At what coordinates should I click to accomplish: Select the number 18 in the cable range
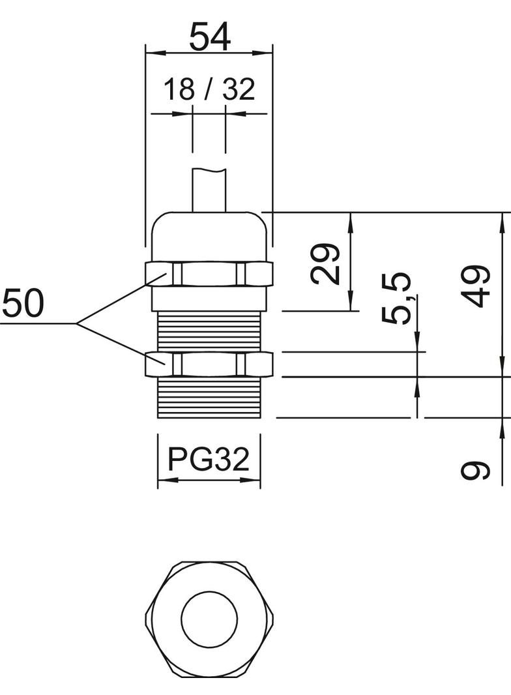pyautogui.click(x=179, y=90)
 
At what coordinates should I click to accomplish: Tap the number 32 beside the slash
pyautogui.click(x=238, y=90)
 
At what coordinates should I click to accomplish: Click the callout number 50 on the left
pyautogui.click(x=22, y=304)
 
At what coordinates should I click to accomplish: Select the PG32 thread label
pyautogui.click(x=209, y=460)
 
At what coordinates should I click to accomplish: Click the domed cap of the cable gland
pyautogui.click(x=209, y=235)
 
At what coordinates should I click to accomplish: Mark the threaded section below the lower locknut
pyautogui.click(x=209, y=396)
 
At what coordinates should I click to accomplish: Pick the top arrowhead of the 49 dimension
pyautogui.click(x=502, y=218)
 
